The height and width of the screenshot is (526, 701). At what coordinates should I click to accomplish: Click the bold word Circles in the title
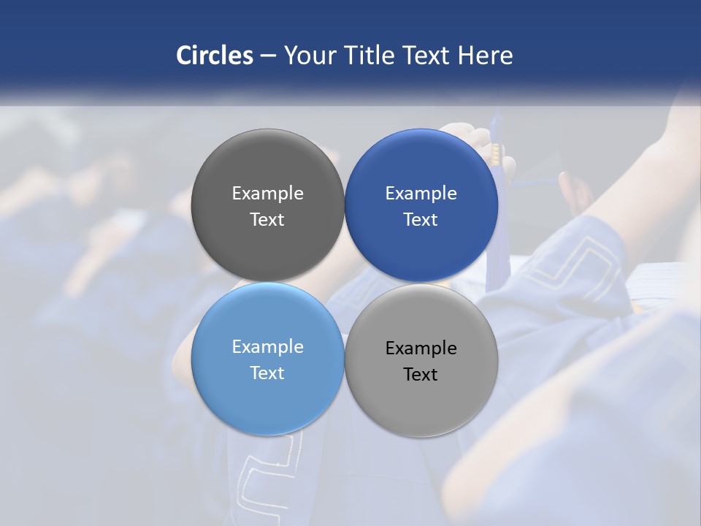[x=215, y=56]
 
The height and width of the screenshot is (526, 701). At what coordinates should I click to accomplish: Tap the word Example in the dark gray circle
[x=267, y=194]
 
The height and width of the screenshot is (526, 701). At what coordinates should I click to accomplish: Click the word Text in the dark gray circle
[x=267, y=220]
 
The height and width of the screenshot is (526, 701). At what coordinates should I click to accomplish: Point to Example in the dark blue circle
[x=421, y=194]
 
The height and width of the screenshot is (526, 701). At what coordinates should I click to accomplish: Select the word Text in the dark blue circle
[x=421, y=220]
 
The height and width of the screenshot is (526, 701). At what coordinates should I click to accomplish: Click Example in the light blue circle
[x=267, y=347]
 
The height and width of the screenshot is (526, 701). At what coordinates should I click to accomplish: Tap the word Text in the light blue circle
[x=267, y=373]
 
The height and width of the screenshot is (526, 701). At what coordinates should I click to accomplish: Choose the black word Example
[x=421, y=348]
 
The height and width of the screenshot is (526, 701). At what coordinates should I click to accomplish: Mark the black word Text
[x=421, y=375]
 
